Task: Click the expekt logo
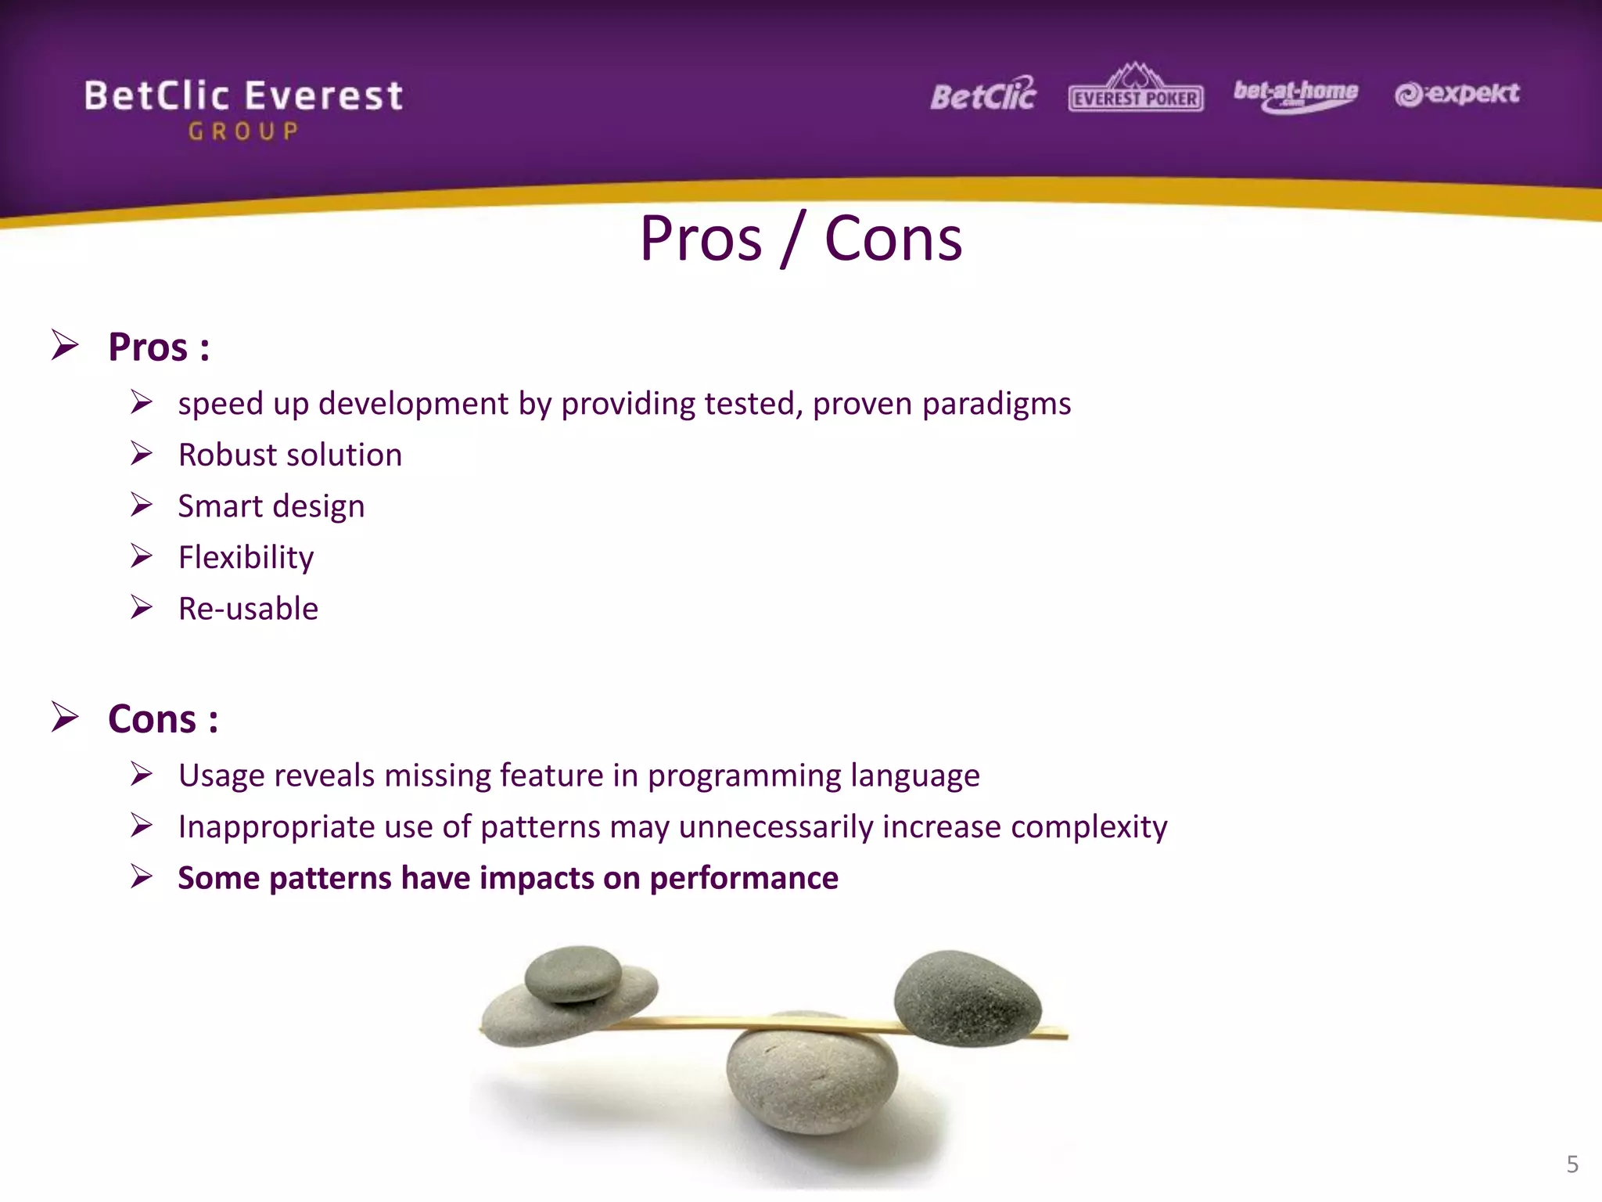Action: tap(1457, 94)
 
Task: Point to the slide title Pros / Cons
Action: tap(800, 239)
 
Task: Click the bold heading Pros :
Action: tap(159, 347)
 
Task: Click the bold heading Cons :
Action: tap(163, 719)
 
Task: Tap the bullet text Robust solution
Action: tap(289, 455)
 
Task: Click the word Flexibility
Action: tap(246, 558)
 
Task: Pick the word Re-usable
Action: tap(248, 609)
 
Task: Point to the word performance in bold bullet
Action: tap(744, 878)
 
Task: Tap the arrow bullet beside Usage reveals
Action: tap(142, 775)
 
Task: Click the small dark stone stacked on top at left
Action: tap(573, 973)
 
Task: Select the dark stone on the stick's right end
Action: tap(968, 999)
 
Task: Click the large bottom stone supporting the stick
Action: tap(812, 1080)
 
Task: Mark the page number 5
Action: tap(1572, 1164)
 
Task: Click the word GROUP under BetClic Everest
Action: tap(243, 131)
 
